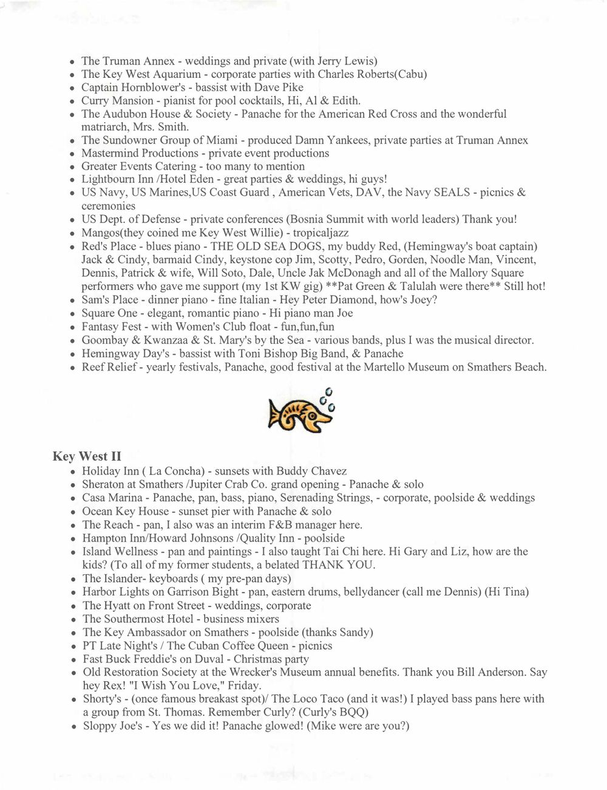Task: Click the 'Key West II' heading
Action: [x=87, y=457]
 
